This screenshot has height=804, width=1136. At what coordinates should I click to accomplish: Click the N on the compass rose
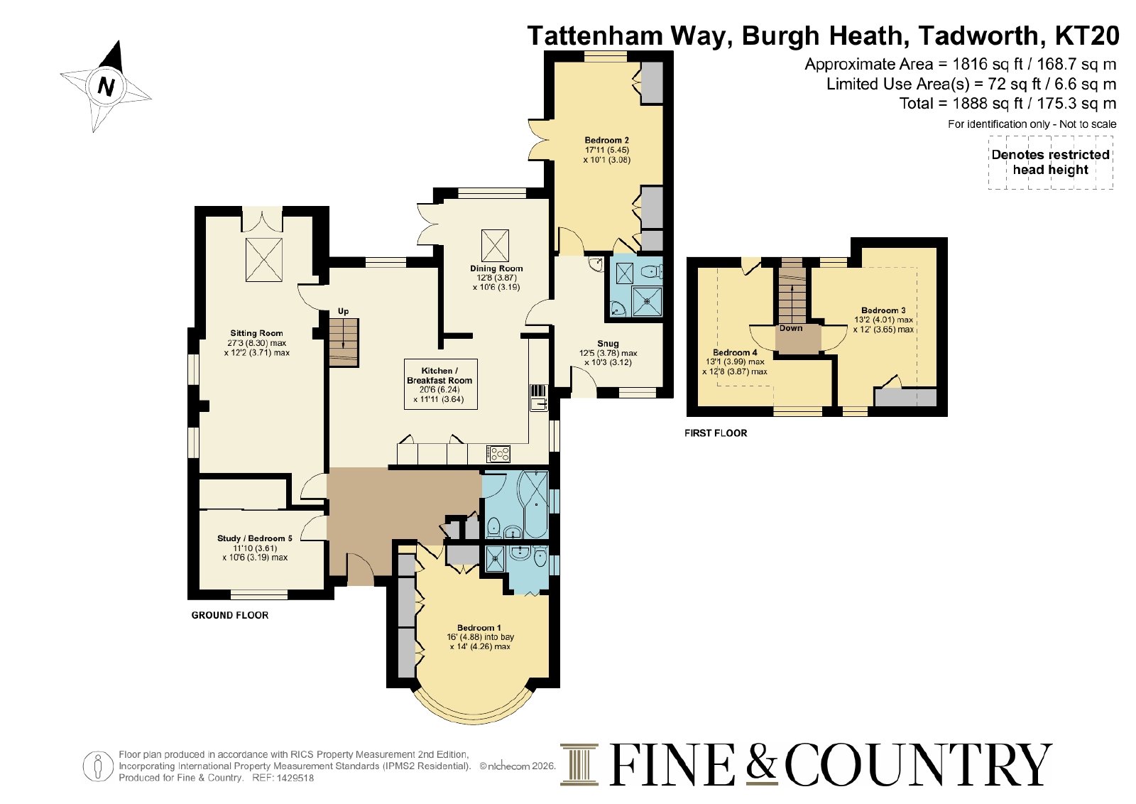[x=106, y=86]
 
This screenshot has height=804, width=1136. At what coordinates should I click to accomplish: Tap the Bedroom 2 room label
[x=606, y=141]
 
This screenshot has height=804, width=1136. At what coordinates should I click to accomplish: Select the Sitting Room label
[x=256, y=333]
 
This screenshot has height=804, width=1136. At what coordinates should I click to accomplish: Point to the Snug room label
[x=608, y=344]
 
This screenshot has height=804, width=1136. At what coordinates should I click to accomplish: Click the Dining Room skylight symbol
[x=494, y=244]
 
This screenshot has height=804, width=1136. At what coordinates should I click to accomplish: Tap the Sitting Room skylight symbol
[x=263, y=260]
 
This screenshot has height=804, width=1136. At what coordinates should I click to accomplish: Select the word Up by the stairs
[x=344, y=312]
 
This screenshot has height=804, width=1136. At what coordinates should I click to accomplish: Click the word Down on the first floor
[x=791, y=328]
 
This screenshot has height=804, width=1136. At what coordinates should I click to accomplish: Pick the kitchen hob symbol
[x=498, y=454]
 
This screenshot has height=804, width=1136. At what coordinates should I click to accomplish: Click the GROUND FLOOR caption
[x=230, y=615]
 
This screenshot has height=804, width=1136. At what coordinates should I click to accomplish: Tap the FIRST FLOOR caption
[x=716, y=433]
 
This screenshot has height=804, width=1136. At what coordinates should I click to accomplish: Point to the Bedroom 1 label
[x=479, y=628]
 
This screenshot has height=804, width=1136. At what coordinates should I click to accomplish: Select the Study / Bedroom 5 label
[x=255, y=538]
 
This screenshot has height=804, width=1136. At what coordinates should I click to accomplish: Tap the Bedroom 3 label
[x=883, y=310]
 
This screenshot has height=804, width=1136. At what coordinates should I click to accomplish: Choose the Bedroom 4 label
[x=735, y=352]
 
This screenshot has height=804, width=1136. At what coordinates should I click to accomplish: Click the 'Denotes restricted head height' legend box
[x=1050, y=163]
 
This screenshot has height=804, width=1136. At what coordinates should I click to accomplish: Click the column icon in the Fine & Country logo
[x=579, y=765]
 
